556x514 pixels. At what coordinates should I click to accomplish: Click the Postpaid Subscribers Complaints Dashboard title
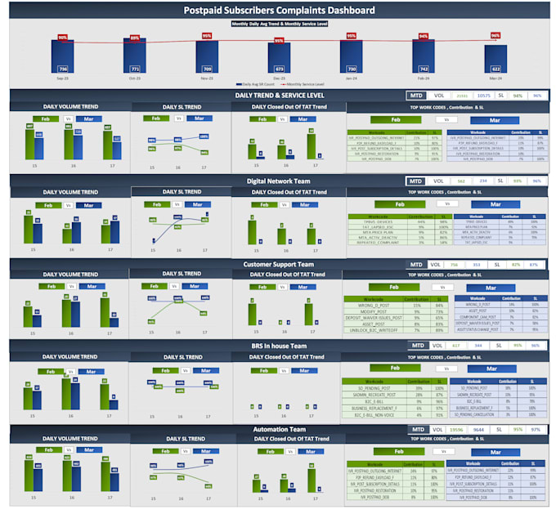pyautogui.click(x=279, y=11)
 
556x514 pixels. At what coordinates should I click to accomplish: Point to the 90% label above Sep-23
pyautogui.click(x=62, y=38)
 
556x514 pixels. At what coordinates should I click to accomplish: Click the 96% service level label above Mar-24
pyautogui.click(x=495, y=35)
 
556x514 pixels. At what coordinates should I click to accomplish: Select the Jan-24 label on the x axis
pyautogui.click(x=351, y=78)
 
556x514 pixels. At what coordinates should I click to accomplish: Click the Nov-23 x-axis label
pyautogui.click(x=207, y=78)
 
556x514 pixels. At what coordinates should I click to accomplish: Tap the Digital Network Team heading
pyautogui.click(x=278, y=181)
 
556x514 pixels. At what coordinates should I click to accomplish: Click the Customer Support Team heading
pyautogui.click(x=278, y=265)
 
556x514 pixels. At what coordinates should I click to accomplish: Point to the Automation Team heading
pyautogui.click(x=278, y=429)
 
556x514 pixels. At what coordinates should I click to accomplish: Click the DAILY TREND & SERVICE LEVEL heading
pyautogui.click(x=279, y=96)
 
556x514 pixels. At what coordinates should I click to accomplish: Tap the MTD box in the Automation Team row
pyautogui.click(x=417, y=429)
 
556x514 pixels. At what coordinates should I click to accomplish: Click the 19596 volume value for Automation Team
pyautogui.click(x=456, y=429)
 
